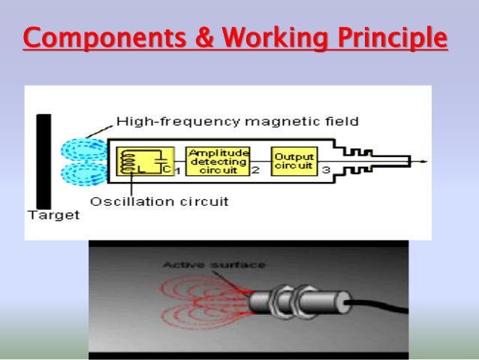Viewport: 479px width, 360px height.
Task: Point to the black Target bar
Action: [44, 161]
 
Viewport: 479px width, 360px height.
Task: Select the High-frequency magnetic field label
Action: [237, 120]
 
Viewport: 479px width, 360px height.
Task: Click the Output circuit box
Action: [294, 161]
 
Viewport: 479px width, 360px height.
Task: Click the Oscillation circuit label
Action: [159, 201]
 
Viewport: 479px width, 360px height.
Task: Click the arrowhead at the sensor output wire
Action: [425, 161]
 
